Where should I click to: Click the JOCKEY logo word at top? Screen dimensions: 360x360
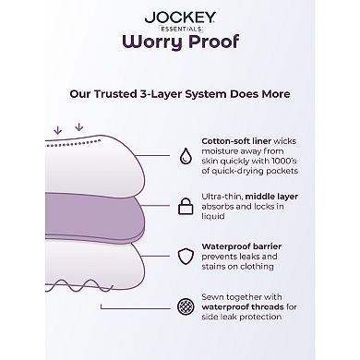(x=180, y=15)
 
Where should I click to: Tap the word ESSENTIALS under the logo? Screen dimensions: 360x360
(x=180, y=26)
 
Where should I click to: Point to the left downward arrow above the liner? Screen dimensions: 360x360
(x=58, y=127)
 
